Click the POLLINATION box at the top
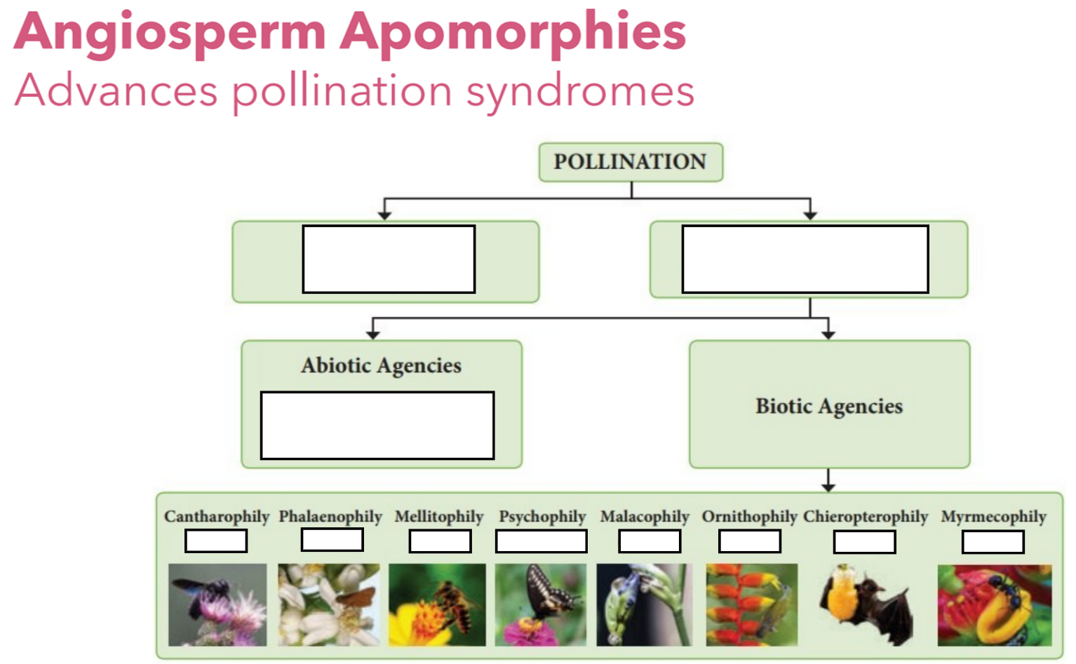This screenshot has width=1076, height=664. [x=630, y=162]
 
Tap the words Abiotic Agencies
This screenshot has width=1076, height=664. [x=381, y=365]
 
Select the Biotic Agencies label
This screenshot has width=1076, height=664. [x=828, y=406]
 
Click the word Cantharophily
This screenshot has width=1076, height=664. [x=216, y=517]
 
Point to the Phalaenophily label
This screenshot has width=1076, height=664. [x=330, y=517]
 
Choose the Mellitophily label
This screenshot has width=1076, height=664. [x=439, y=517]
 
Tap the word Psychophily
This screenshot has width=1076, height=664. [x=542, y=517]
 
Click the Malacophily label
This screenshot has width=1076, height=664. [x=645, y=517]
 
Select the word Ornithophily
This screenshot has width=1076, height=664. [x=749, y=517]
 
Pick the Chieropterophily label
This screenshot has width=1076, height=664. [x=866, y=517]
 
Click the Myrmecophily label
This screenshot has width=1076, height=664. [x=993, y=517]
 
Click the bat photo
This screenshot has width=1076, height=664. [x=866, y=605]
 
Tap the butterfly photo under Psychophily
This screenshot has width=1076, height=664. [x=541, y=604]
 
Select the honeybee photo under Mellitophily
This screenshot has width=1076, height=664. [x=437, y=604]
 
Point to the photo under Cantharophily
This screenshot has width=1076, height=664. [x=217, y=604]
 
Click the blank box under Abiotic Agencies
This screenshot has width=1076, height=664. [x=377, y=426]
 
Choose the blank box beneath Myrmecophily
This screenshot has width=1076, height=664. [x=993, y=542]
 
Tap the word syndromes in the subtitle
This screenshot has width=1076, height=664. [x=580, y=92]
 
